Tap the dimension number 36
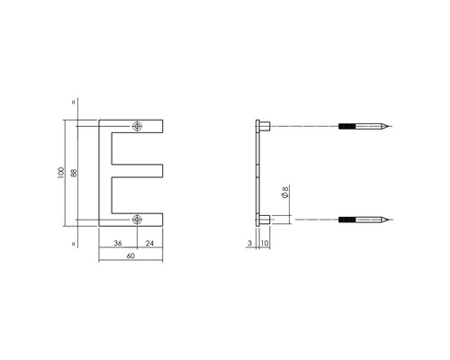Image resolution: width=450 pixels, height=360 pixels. pyautogui.click(x=117, y=243)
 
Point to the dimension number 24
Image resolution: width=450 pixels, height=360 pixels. pyautogui.click(x=148, y=243)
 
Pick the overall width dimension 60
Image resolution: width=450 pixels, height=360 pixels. pyautogui.click(x=130, y=257)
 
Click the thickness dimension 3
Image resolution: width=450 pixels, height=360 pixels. pyautogui.click(x=248, y=243)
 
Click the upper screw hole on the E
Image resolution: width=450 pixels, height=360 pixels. pyautogui.click(x=137, y=126)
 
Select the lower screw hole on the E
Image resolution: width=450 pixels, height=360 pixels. pyautogui.click(x=137, y=218)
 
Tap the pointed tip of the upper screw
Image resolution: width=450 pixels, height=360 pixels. pyautogui.click(x=390, y=126)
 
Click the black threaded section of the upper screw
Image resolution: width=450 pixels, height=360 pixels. pyautogui.click(x=347, y=126)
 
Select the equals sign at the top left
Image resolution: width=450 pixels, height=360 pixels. pyautogui.click(x=70, y=101)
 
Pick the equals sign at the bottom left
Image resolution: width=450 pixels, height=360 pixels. pyautogui.click(x=70, y=243)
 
